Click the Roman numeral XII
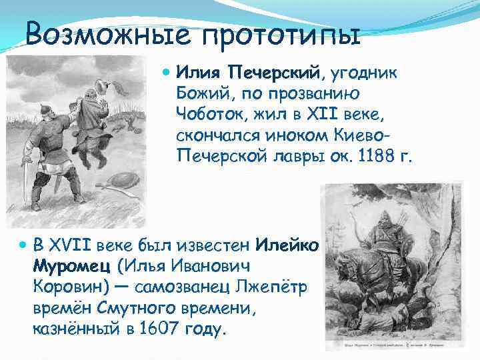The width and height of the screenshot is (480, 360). point(309,114)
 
